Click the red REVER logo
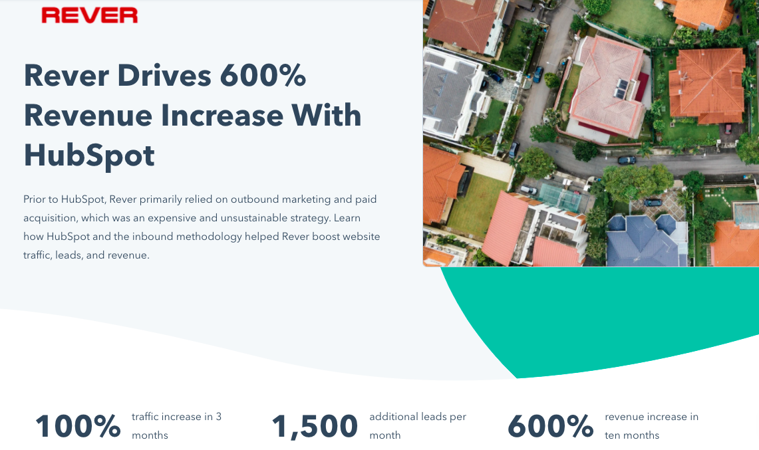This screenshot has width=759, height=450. pyautogui.click(x=90, y=15)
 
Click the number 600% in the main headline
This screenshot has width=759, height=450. pyautogui.click(x=263, y=76)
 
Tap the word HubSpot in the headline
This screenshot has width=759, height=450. pyautogui.click(x=89, y=156)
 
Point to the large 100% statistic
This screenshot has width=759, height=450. pyautogui.click(x=78, y=426)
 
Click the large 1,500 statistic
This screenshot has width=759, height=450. pyautogui.click(x=315, y=427)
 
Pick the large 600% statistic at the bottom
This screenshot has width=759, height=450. pyautogui.click(x=550, y=426)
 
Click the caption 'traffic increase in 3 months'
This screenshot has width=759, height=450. pyautogui.click(x=176, y=426)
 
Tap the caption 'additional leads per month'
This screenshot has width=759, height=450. pyautogui.click(x=417, y=426)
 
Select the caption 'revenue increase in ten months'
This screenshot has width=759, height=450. pyautogui.click(x=651, y=426)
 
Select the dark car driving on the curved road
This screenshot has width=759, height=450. pyautogui.click(x=627, y=160)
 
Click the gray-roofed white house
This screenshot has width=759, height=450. pyautogui.click(x=451, y=94)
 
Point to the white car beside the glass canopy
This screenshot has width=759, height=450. pyautogui.click(x=529, y=190)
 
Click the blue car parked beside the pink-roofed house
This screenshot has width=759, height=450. pyautogui.click(x=537, y=74)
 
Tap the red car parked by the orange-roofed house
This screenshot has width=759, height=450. pyautogui.click(x=728, y=129)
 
